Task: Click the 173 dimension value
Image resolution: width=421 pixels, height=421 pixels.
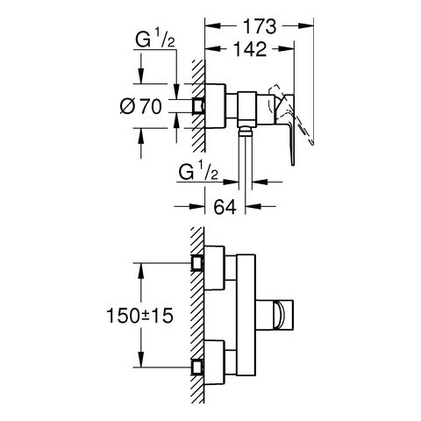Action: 260,26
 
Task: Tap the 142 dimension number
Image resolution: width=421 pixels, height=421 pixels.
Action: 250,49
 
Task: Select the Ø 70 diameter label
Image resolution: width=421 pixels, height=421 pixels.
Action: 140,106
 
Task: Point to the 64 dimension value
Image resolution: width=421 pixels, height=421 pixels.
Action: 225,207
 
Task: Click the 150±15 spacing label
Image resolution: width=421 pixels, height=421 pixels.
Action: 139,316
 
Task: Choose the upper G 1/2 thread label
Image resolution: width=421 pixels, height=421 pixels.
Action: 155,40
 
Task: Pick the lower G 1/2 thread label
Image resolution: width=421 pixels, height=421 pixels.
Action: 198,173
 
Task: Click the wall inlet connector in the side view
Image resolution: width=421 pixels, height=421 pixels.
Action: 198,106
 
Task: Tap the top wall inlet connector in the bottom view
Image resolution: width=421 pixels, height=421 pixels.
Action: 197,263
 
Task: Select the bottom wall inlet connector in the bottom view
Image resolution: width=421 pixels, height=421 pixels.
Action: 197,367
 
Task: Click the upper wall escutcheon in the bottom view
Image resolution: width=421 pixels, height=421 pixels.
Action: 215,268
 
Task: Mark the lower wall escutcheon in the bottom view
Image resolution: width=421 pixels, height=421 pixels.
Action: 215,362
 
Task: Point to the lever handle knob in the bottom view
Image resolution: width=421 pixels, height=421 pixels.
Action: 275,315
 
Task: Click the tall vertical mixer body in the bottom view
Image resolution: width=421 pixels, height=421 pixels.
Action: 246,315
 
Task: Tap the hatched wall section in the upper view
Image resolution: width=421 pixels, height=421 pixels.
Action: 198,106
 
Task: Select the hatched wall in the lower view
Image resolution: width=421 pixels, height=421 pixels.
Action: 197,315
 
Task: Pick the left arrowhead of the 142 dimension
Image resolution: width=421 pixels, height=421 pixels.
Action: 213,48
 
